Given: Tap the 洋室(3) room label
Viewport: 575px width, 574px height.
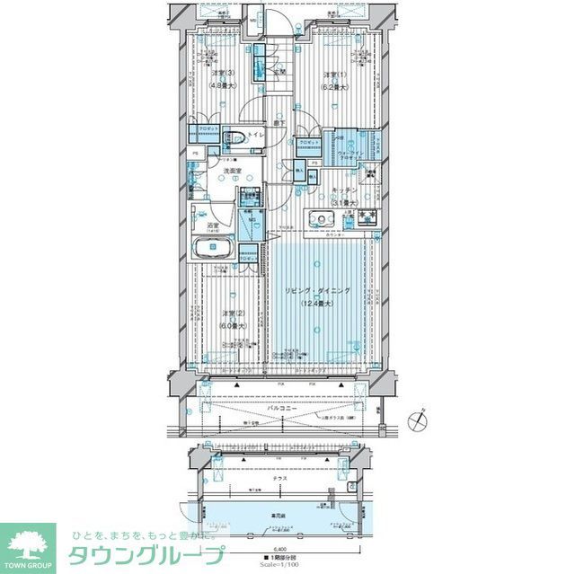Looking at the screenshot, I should click(222, 74).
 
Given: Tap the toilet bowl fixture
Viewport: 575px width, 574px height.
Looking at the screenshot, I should click(234, 137).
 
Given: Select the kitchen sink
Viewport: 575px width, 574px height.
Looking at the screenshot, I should click(321, 220).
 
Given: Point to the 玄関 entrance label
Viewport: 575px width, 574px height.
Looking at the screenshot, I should click(279, 71).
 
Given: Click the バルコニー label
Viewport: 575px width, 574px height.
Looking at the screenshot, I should click(287, 407).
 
